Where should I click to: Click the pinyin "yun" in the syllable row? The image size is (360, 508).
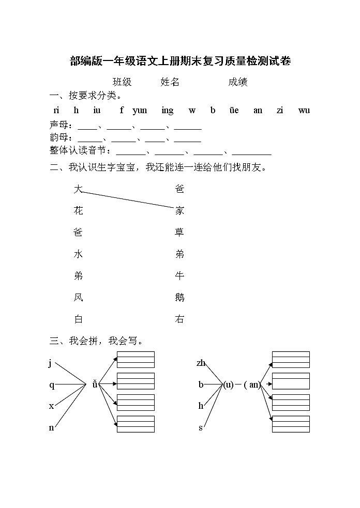(140, 110)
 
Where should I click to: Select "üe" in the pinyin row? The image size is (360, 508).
(233, 110)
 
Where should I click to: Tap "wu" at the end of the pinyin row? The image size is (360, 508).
(304, 110)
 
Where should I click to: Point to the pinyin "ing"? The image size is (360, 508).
(167, 110)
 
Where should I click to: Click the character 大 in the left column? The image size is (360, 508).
(78, 189)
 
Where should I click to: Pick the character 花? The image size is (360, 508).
(78, 211)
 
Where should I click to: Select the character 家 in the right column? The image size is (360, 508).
(179, 211)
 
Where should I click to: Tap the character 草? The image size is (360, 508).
(179, 233)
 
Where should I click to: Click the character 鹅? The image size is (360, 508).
(179, 298)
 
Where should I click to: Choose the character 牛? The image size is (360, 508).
(179, 276)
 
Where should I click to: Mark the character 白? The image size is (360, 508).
(78, 319)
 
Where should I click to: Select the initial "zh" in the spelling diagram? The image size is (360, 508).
(201, 363)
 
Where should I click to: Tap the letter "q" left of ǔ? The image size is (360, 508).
(52, 384)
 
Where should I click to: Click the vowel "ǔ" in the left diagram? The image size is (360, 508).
(95, 384)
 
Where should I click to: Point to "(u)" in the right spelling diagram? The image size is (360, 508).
(228, 384)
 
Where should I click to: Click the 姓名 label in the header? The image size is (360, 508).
(170, 82)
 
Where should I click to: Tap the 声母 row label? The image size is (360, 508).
(58, 125)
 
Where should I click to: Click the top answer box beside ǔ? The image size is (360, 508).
(136, 359)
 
